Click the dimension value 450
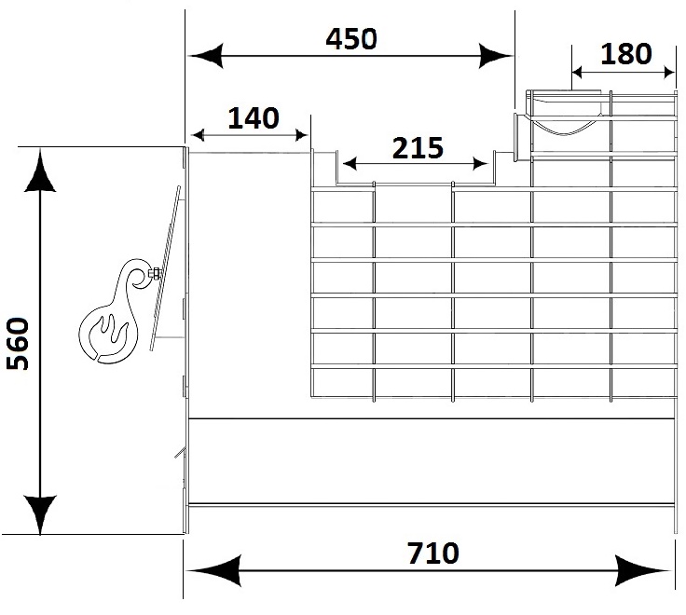351,38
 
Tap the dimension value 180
626,54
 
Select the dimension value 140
254,118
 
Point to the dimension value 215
418,148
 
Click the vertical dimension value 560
18,344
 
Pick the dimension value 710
433,553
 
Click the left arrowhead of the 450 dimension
206,56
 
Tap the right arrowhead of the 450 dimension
495,56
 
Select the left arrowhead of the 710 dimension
213,570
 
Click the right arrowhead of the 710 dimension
642,570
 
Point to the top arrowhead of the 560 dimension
40,171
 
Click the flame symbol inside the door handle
109,335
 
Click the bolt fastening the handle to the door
155,274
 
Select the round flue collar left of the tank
518,137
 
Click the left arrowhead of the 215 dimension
350,164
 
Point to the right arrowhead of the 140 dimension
302,135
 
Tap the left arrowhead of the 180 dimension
578,72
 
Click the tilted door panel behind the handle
165,267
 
